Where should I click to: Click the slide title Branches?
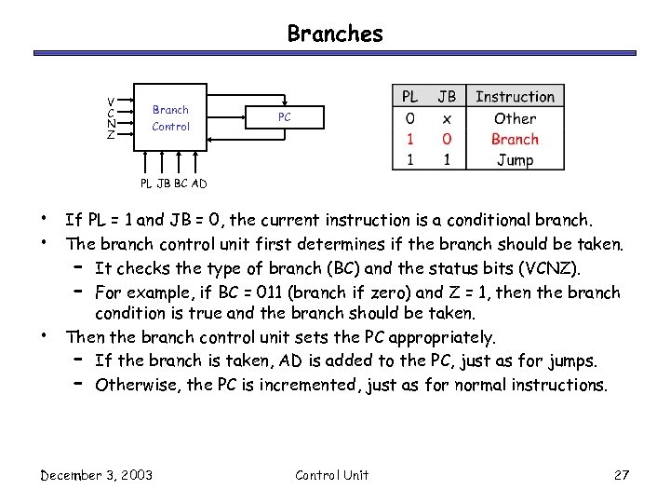[335, 34]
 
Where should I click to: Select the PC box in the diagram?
[285, 117]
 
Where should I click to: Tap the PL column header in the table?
[409, 97]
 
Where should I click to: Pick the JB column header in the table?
[448, 97]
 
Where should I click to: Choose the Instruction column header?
[515, 97]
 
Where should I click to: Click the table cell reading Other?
[515, 118]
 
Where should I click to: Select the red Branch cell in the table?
[515, 139]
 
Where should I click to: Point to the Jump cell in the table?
[515, 159]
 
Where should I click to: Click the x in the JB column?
[448, 118]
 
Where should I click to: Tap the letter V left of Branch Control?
[112, 102]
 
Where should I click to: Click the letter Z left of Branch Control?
[112, 135]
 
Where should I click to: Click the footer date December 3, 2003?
[97, 475]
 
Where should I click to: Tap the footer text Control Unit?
[331, 475]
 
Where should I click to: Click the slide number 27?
[623, 475]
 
